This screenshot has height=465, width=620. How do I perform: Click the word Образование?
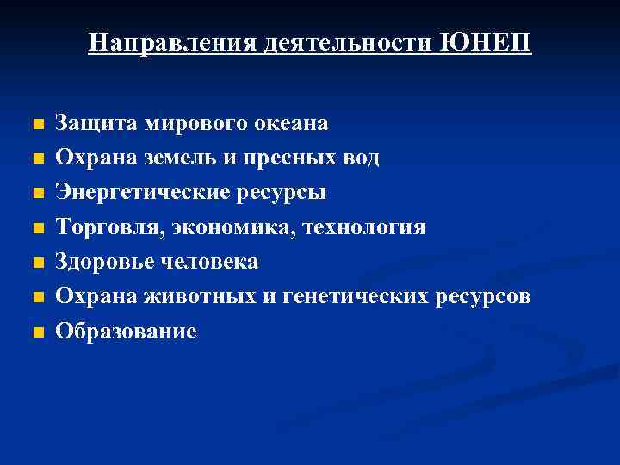coord(126,331)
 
